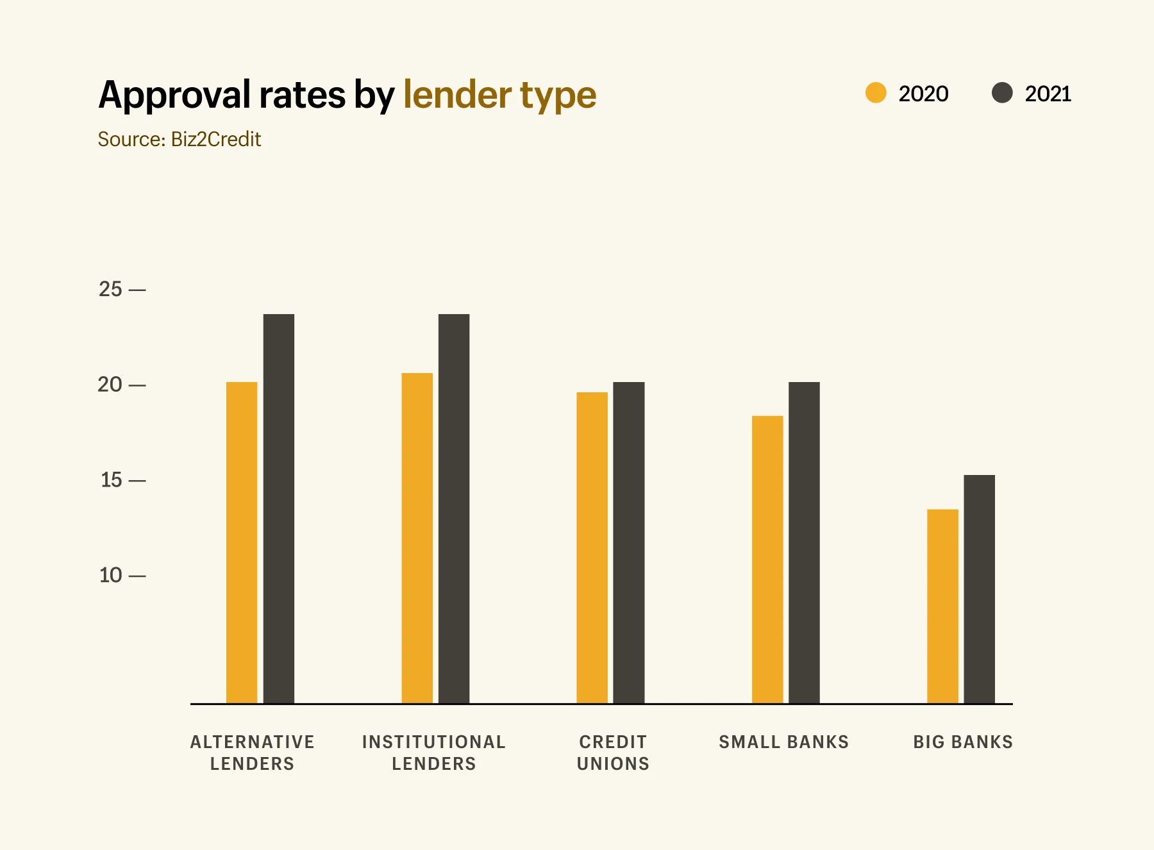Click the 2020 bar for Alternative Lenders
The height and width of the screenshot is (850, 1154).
(x=242, y=542)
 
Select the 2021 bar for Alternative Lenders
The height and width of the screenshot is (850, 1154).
(x=279, y=508)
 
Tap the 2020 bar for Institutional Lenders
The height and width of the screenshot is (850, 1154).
(x=417, y=538)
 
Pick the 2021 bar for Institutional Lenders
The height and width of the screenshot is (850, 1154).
(x=454, y=508)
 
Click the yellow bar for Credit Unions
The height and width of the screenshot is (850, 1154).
(x=592, y=547)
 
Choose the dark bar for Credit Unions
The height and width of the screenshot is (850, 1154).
(x=629, y=542)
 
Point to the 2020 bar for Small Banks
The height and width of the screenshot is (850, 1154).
(x=767, y=560)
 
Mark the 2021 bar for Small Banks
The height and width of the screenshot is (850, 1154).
(x=804, y=542)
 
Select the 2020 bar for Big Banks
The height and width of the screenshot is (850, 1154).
(x=942, y=606)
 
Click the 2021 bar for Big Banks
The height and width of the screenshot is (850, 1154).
(x=979, y=589)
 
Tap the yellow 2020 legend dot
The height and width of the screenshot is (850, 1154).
(x=876, y=93)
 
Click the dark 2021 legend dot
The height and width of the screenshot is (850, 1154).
(x=1002, y=93)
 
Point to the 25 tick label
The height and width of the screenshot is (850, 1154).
(x=110, y=289)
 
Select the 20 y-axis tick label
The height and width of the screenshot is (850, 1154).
(x=110, y=385)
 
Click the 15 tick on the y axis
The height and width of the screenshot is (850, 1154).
(x=111, y=479)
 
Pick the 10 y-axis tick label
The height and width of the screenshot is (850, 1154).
(x=110, y=575)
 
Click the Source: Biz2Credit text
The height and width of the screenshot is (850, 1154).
(x=180, y=139)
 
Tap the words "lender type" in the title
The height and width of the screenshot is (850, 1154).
(x=499, y=95)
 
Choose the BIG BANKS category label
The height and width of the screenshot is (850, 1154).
(x=963, y=742)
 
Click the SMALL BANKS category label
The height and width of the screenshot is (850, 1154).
(x=783, y=742)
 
